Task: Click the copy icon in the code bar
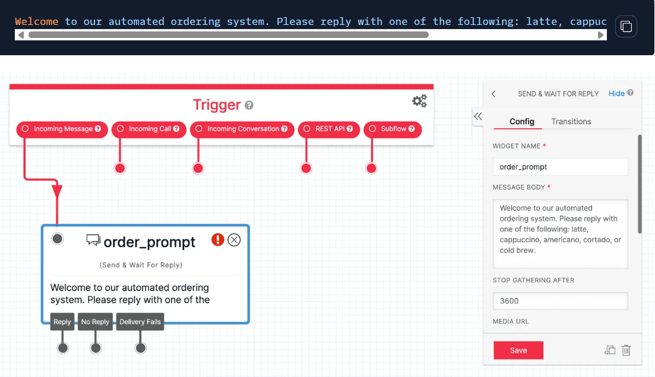tap(626, 26)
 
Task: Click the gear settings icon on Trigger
tap(419, 102)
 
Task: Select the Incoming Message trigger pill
tap(62, 129)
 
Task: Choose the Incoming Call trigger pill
tap(149, 129)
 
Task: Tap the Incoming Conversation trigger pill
tap(242, 129)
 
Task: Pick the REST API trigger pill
tap(329, 129)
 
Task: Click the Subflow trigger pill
tap(393, 129)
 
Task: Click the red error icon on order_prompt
tap(218, 240)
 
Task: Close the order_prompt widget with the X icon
tap(234, 240)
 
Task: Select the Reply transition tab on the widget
tap(62, 322)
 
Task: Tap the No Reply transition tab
tap(95, 322)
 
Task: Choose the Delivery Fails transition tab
tap(140, 322)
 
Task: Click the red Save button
tap(518, 350)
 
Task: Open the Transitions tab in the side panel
tap(571, 122)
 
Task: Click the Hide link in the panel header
tap(616, 93)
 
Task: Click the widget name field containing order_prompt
tap(560, 167)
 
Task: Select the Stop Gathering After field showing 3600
tap(560, 301)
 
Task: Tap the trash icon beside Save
tap(626, 350)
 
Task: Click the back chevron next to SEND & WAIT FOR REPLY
tap(493, 94)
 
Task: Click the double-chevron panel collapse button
tap(477, 116)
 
